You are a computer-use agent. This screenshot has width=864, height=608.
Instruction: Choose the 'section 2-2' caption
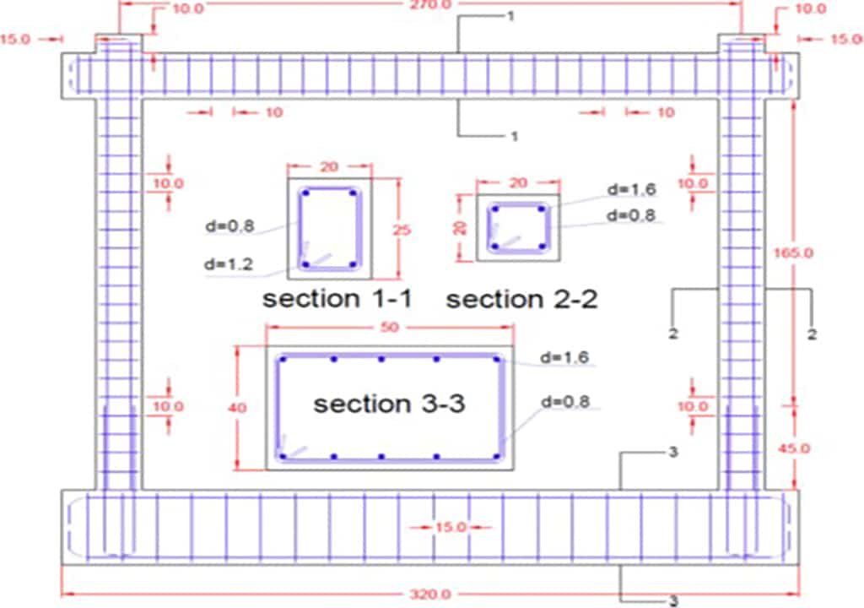point(521,299)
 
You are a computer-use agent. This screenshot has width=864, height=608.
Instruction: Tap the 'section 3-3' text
point(389,404)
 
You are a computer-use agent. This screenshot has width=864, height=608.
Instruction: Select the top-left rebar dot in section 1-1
point(306,193)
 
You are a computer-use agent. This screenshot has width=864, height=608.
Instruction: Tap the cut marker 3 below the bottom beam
point(673,602)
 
